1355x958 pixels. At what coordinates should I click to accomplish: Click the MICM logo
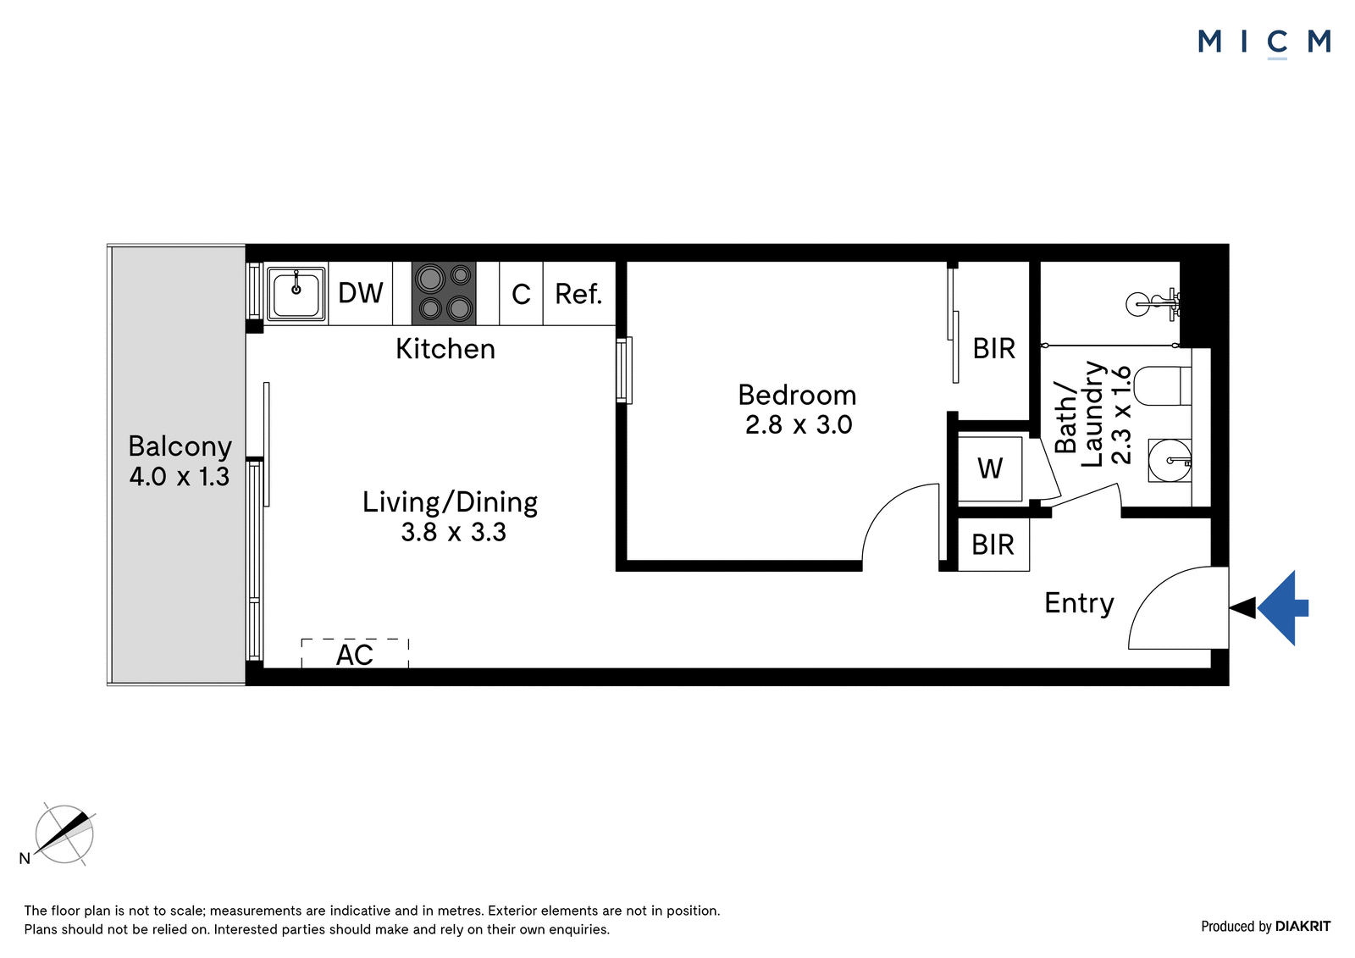[1264, 43]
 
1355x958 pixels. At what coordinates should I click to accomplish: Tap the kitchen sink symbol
[296, 295]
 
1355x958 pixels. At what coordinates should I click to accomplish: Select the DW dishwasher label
[361, 293]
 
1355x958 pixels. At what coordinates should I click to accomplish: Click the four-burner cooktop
[444, 294]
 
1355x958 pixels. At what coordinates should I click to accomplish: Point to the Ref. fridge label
[578, 294]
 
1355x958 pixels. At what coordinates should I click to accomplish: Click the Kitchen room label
[445, 349]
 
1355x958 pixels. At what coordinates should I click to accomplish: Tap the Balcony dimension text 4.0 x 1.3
[180, 477]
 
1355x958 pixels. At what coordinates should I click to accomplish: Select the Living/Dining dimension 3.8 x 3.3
[453, 533]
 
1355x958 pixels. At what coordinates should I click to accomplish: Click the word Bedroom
[797, 396]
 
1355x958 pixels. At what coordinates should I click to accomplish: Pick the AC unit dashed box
[355, 653]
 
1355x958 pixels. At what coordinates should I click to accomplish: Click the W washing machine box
[990, 468]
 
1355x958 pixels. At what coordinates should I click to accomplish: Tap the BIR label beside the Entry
[993, 545]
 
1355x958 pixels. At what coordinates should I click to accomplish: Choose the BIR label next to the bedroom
[994, 349]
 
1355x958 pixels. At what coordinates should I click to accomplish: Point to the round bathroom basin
[1170, 461]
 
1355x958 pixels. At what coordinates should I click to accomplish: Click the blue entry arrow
[1284, 607]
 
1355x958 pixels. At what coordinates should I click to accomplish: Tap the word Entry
[1079, 603]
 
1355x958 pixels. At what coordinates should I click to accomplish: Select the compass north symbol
[64, 834]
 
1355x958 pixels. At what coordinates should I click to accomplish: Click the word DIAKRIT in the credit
[1302, 926]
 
